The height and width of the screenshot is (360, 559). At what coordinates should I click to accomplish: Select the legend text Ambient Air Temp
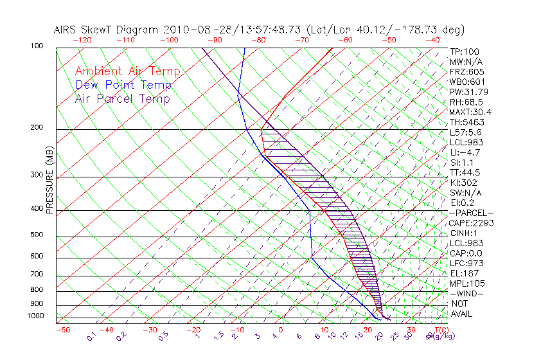pyautogui.click(x=127, y=72)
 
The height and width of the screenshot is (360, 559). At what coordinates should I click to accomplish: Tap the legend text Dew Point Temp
pyautogui.click(x=123, y=85)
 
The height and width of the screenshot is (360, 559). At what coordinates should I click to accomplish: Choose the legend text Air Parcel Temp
pyautogui.click(x=122, y=99)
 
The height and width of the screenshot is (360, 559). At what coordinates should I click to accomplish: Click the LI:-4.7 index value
pyautogui.click(x=465, y=152)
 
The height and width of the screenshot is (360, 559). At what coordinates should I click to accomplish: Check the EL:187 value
pyautogui.click(x=464, y=273)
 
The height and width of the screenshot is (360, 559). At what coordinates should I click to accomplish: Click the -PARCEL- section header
pyautogui.click(x=471, y=213)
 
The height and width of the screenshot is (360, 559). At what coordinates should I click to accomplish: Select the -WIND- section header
pyautogui.click(x=466, y=293)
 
